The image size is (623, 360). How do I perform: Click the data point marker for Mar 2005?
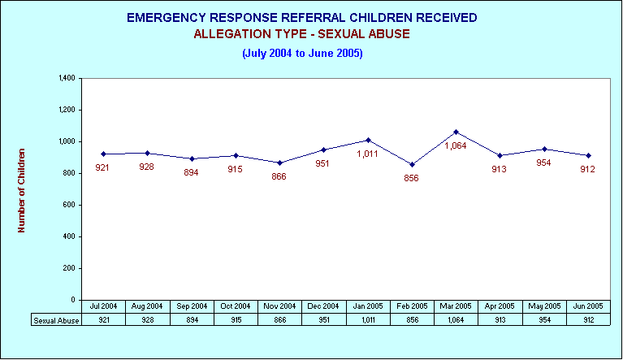pyautogui.click(x=456, y=132)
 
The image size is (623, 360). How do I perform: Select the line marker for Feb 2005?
pyautogui.click(x=412, y=164)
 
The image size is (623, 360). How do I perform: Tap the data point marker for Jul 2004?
pyautogui.click(x=104, y=154)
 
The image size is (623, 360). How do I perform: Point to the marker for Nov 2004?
pyautogui.click(x=279, y=163)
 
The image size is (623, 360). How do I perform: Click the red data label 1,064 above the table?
pyautogui.click(x=456, y=145)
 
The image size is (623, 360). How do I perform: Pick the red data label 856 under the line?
pyautogui.click(x=411, y=179)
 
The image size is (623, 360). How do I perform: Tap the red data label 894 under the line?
pyautogui.click(x=191, y=172)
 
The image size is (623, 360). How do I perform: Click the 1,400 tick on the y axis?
pyautogui.click(x=67, y=78)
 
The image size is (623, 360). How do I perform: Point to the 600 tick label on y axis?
pyautogui.click(x=69, y=205)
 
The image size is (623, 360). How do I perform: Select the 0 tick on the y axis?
pyautogui.click(x=73, y=300)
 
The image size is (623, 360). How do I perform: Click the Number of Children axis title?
pyautogui.click(x=21, y=190)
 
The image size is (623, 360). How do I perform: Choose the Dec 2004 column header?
pyautogui.click(x=323, y=306)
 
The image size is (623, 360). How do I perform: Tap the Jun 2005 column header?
pyautogui.click(x=588, y=306)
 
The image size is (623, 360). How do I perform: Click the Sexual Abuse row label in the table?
pyautogui.click(x=56, y=320)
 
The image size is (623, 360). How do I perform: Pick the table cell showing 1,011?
pyautogui.click(x=368, y=320)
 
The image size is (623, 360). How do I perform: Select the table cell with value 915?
pyautogui.click(x=236, y=320)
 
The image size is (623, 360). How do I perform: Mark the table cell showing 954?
pyautogui.click(x=544, y=320)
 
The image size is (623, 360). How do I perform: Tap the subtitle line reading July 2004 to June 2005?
pyautogui.click(x=302, y=54)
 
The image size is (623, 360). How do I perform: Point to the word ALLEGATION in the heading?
pyautogui.click(x=232, y=34)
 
